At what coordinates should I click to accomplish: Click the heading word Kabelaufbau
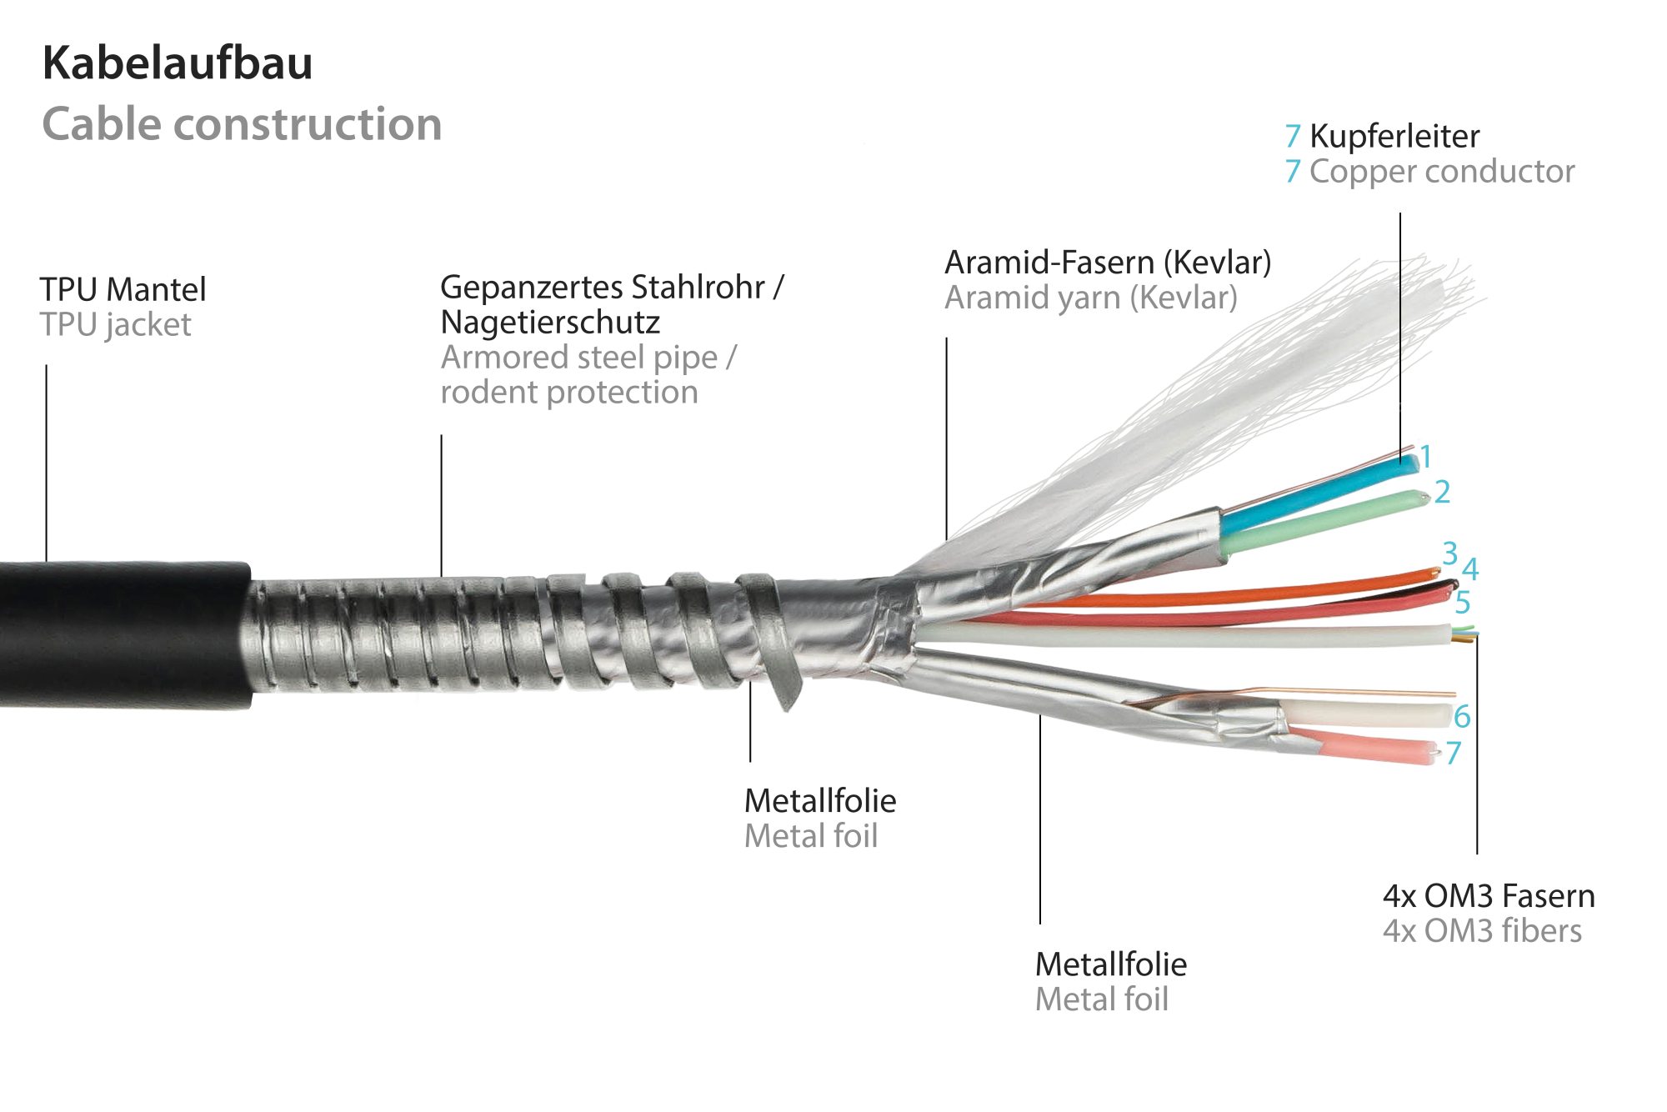click(x=178, y=63)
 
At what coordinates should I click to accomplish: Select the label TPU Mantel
click(x=123, y=290)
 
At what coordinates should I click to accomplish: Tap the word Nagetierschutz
click(x=550, y=323)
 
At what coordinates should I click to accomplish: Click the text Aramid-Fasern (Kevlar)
click(x=1108, y=263)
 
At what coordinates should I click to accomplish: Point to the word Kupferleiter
click(x=1394, y=137)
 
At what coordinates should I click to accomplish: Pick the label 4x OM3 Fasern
click(x=1489, y=896)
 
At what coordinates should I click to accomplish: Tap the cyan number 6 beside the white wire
click(x=1462, y=716)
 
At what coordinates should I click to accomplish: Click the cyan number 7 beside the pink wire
click(x=1454, y=753)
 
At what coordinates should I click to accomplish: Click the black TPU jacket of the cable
click(x=125, y=634)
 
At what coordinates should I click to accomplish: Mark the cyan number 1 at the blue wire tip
click(x=1426, y=457)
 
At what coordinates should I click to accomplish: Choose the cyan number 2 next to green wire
click(x=1442, y=492)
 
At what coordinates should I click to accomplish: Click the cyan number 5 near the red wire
click(x=1463, y=603)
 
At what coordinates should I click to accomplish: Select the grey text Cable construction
click(x=242, y=125)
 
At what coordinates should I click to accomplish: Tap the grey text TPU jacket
click(x=116, y=325)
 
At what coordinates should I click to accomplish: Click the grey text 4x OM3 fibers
click(x=1482, y=931)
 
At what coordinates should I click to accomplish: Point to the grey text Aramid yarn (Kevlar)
click(x=1090, y=298)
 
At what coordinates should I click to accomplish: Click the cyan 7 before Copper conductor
click(x=1293, y=172)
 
